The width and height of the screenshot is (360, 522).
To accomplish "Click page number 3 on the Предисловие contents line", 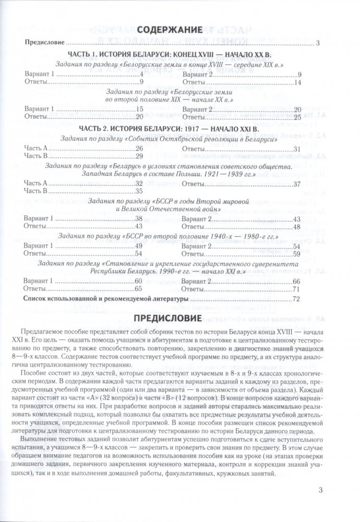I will click(x=318, y=44).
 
